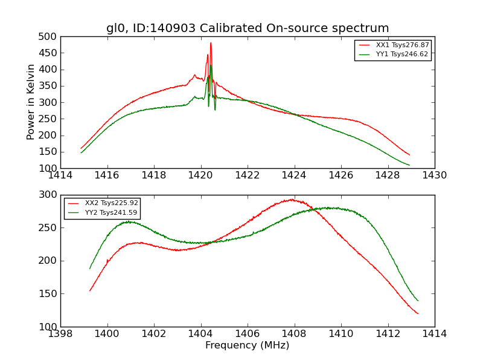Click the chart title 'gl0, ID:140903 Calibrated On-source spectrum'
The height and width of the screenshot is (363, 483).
(x=248, y=28)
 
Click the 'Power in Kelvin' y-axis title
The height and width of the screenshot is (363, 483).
(x=31, y=102)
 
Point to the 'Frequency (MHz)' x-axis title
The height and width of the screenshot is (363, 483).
(x=248, y=345)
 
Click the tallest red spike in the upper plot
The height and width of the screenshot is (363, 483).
(x=211, y=43)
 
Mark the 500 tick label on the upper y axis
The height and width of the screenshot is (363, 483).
(x=49, y=37)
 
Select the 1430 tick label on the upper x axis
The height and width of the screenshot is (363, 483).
(x=434, y=175)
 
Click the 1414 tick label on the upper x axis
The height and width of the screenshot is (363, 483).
(x=61, y=175)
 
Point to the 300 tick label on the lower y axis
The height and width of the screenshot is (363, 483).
(x=49, y=195)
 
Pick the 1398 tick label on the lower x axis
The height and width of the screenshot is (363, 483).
(x=61, y=334)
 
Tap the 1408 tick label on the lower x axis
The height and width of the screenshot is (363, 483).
(x=294, y=334)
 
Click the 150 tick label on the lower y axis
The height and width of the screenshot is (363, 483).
(x=49, y=294)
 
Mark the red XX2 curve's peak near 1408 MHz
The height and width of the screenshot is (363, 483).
(x=292, y=199)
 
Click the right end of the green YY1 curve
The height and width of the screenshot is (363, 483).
(x=409, y=165)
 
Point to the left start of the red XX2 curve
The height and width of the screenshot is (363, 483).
(x=90, y=290)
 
